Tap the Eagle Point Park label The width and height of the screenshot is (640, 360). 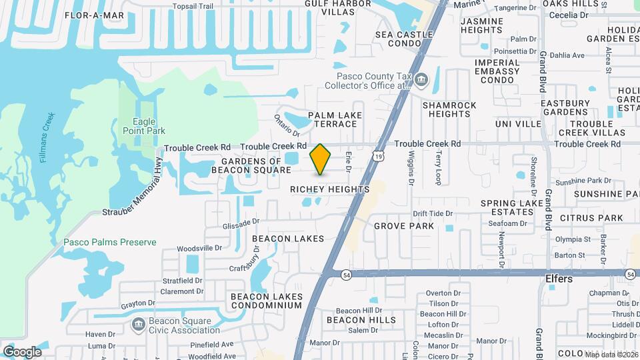tap(145, 126)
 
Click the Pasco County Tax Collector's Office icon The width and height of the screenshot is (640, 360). tap(421, 81)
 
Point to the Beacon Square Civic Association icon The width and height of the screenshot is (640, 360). tap(138, 325)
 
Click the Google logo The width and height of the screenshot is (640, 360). tap(22, 351)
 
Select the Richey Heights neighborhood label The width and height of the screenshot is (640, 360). tap(329, 190)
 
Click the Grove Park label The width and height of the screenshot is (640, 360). tap(403, 226)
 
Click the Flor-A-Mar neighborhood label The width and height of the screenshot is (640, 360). tap(95, 15)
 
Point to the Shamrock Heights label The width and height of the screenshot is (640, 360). tap(449, 109)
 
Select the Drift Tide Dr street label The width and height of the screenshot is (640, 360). tap(433, 214)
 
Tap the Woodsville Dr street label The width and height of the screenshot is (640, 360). tap(199, 247)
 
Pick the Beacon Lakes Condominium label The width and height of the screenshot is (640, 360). tap(267, 301)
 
